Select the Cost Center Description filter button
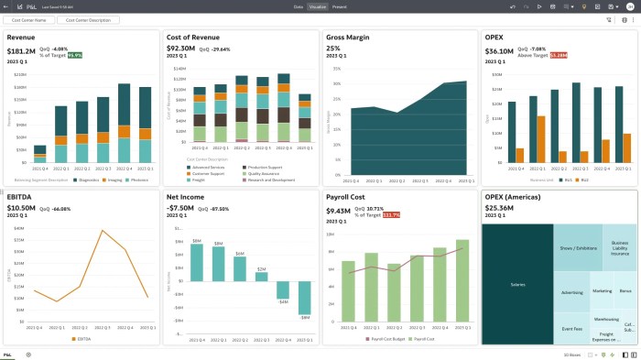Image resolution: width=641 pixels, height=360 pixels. coord(87,19)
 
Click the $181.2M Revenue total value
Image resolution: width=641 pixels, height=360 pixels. coord(20,51)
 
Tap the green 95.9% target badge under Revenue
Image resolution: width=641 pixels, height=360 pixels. coord(74,55)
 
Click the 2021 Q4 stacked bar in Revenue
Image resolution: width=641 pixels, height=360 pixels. coord(39,153)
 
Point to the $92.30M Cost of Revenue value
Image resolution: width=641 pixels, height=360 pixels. coord(180,49)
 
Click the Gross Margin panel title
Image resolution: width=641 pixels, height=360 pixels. coord(347,38)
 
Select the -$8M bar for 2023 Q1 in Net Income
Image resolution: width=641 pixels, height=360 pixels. coord(305,296)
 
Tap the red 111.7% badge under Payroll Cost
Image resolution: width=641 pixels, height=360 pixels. coord(391,214)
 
